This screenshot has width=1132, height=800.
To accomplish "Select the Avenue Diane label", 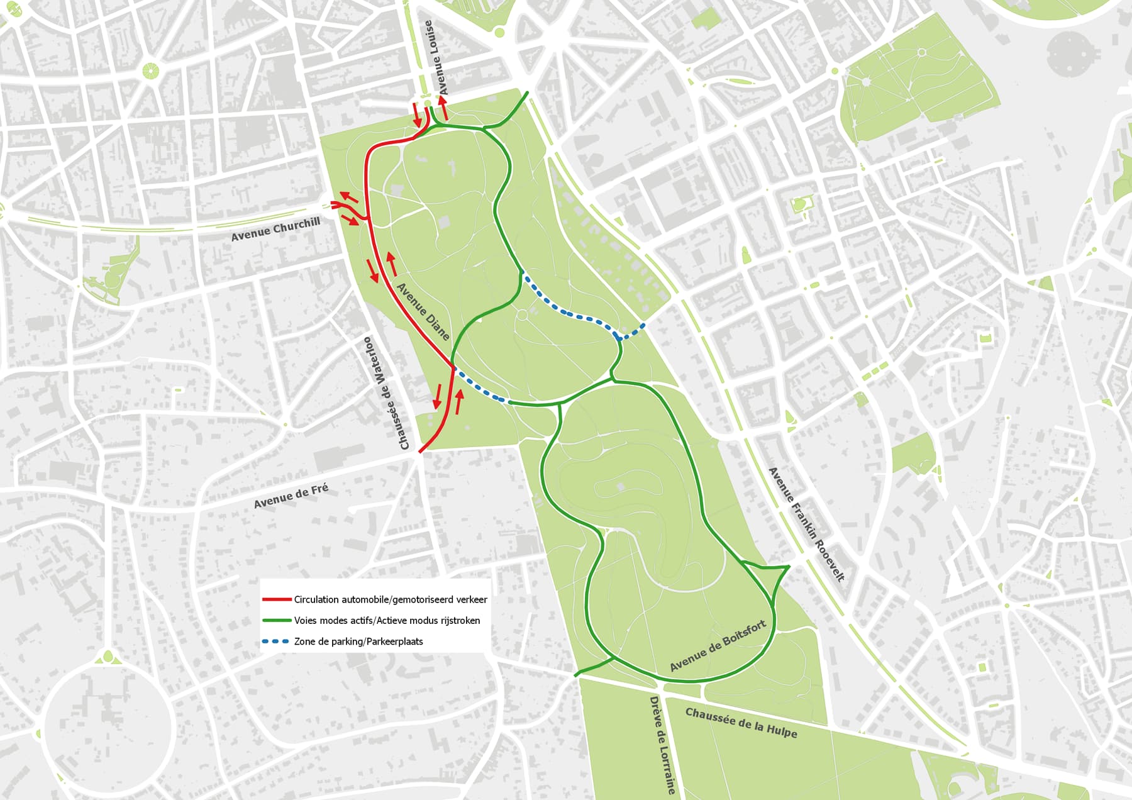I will [x=423, y=312].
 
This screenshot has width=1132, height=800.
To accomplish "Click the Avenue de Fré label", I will [x=291, y=496].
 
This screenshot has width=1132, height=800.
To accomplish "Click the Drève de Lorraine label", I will [x=662, y=745].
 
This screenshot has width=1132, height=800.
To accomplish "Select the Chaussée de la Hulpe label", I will [x=741, y=723].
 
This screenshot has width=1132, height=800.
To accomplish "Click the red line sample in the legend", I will [x=277, y=599].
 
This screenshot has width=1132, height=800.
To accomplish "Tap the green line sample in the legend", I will [x=277, y=621].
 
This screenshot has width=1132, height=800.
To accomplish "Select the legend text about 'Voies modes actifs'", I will [x=387, y=621].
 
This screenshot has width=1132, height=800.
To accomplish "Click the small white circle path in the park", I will [x=521, y=314].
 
